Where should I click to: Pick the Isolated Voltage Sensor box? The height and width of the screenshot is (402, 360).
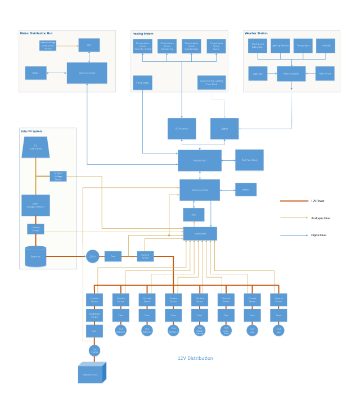point(58,177)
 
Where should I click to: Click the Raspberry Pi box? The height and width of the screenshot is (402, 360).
point(200,160)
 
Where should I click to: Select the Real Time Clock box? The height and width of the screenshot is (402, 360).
point(249,160)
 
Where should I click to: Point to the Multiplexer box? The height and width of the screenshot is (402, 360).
point(200,233)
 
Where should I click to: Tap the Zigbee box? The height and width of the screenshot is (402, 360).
point(224,129)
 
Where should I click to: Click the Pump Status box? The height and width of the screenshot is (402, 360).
point(142,83)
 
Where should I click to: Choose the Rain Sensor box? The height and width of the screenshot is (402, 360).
point(325,73)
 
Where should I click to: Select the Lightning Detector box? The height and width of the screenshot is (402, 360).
point(280,46)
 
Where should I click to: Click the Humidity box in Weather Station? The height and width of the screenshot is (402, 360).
point(326,46)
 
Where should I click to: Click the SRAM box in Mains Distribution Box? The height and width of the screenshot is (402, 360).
point(35,73)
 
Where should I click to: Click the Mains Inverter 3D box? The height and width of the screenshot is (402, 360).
point(91,373)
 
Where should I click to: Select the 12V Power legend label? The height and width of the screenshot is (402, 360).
point(318,200)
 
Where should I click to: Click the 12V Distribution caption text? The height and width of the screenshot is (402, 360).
point(195,358)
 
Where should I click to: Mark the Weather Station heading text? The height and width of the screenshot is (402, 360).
point(256,34)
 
